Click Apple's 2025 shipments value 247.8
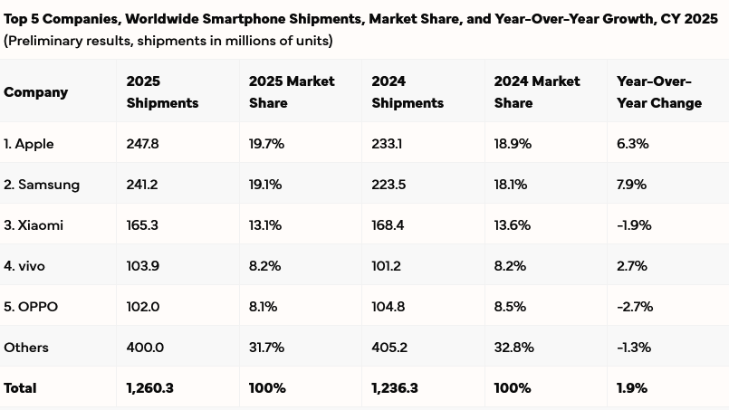pos(143,144)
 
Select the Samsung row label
pos(42,185)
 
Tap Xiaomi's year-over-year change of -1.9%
pos(634,225)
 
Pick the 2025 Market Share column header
pos(292,92)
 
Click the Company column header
pos(36,92)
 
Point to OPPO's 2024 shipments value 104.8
pos(388,307)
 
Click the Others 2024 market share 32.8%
pos(513,348)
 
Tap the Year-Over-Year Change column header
pos(659,92)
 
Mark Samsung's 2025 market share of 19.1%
pos(265,185)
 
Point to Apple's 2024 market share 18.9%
pos(513,144)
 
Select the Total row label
pos(21,388)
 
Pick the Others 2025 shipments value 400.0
pos(145,348)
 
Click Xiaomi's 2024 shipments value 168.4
pos(388,225)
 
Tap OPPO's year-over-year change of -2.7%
pos(634,307)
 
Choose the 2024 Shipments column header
pos(408,92)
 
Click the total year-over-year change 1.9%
pos(632,388)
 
